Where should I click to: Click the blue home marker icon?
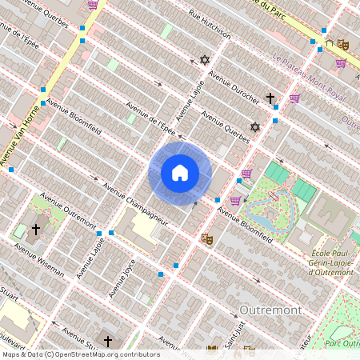coord(180,173)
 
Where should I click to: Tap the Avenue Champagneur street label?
coord(134,205)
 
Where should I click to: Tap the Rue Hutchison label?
coord(210,25)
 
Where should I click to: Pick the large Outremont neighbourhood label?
coord(269,309)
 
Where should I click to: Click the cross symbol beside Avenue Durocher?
coord(270,99)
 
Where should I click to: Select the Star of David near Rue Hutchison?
coord(204,60)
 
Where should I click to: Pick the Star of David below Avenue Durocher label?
coord(255,127)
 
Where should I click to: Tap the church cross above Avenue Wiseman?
coord(35,230)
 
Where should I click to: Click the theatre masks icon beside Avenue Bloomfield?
coord(206,238)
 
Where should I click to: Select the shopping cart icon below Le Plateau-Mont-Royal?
coord(294,98)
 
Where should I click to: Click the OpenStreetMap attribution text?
coord(80,354)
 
